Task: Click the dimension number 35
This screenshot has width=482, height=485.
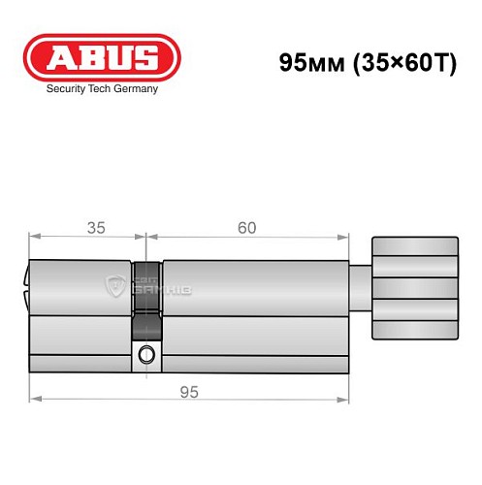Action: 95,228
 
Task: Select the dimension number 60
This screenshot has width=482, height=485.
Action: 246,228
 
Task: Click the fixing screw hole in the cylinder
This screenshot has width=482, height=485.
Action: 145,353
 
